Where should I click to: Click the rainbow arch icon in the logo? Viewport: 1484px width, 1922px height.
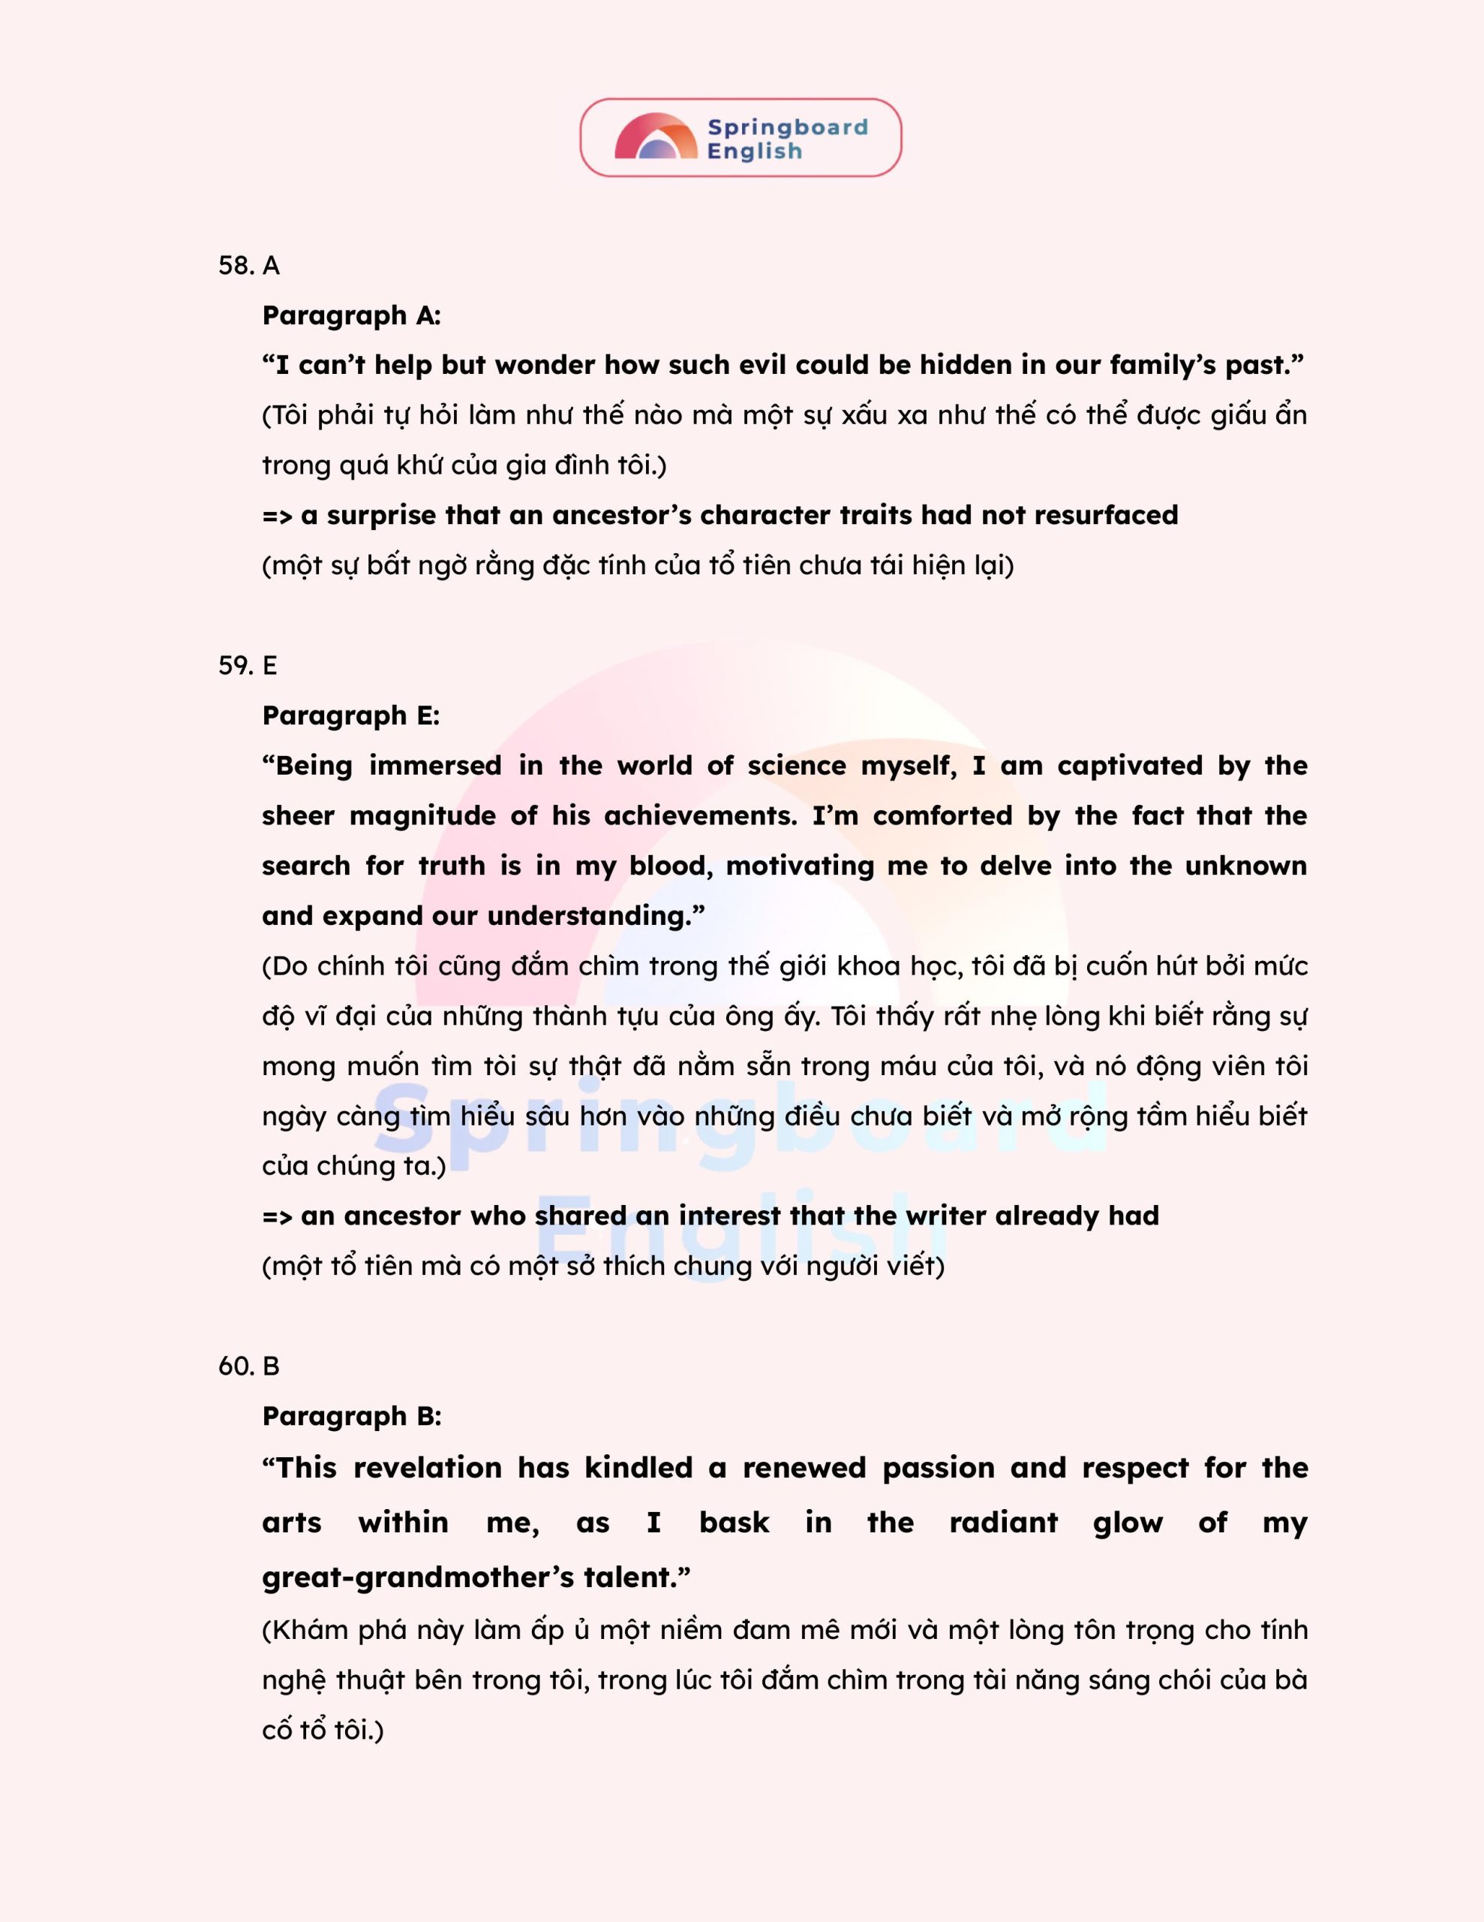[656, 137]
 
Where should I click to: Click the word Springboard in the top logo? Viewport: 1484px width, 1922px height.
[787, 128]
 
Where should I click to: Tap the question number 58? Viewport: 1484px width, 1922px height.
[236, 266]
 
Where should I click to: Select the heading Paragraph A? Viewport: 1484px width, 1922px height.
[351, 315]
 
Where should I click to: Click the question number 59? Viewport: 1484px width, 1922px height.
[236, 665]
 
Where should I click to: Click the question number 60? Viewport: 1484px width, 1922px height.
[236, 1366]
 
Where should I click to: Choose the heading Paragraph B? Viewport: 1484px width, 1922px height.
[351, 1416]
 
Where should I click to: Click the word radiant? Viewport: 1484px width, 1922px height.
[1003, 1523]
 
